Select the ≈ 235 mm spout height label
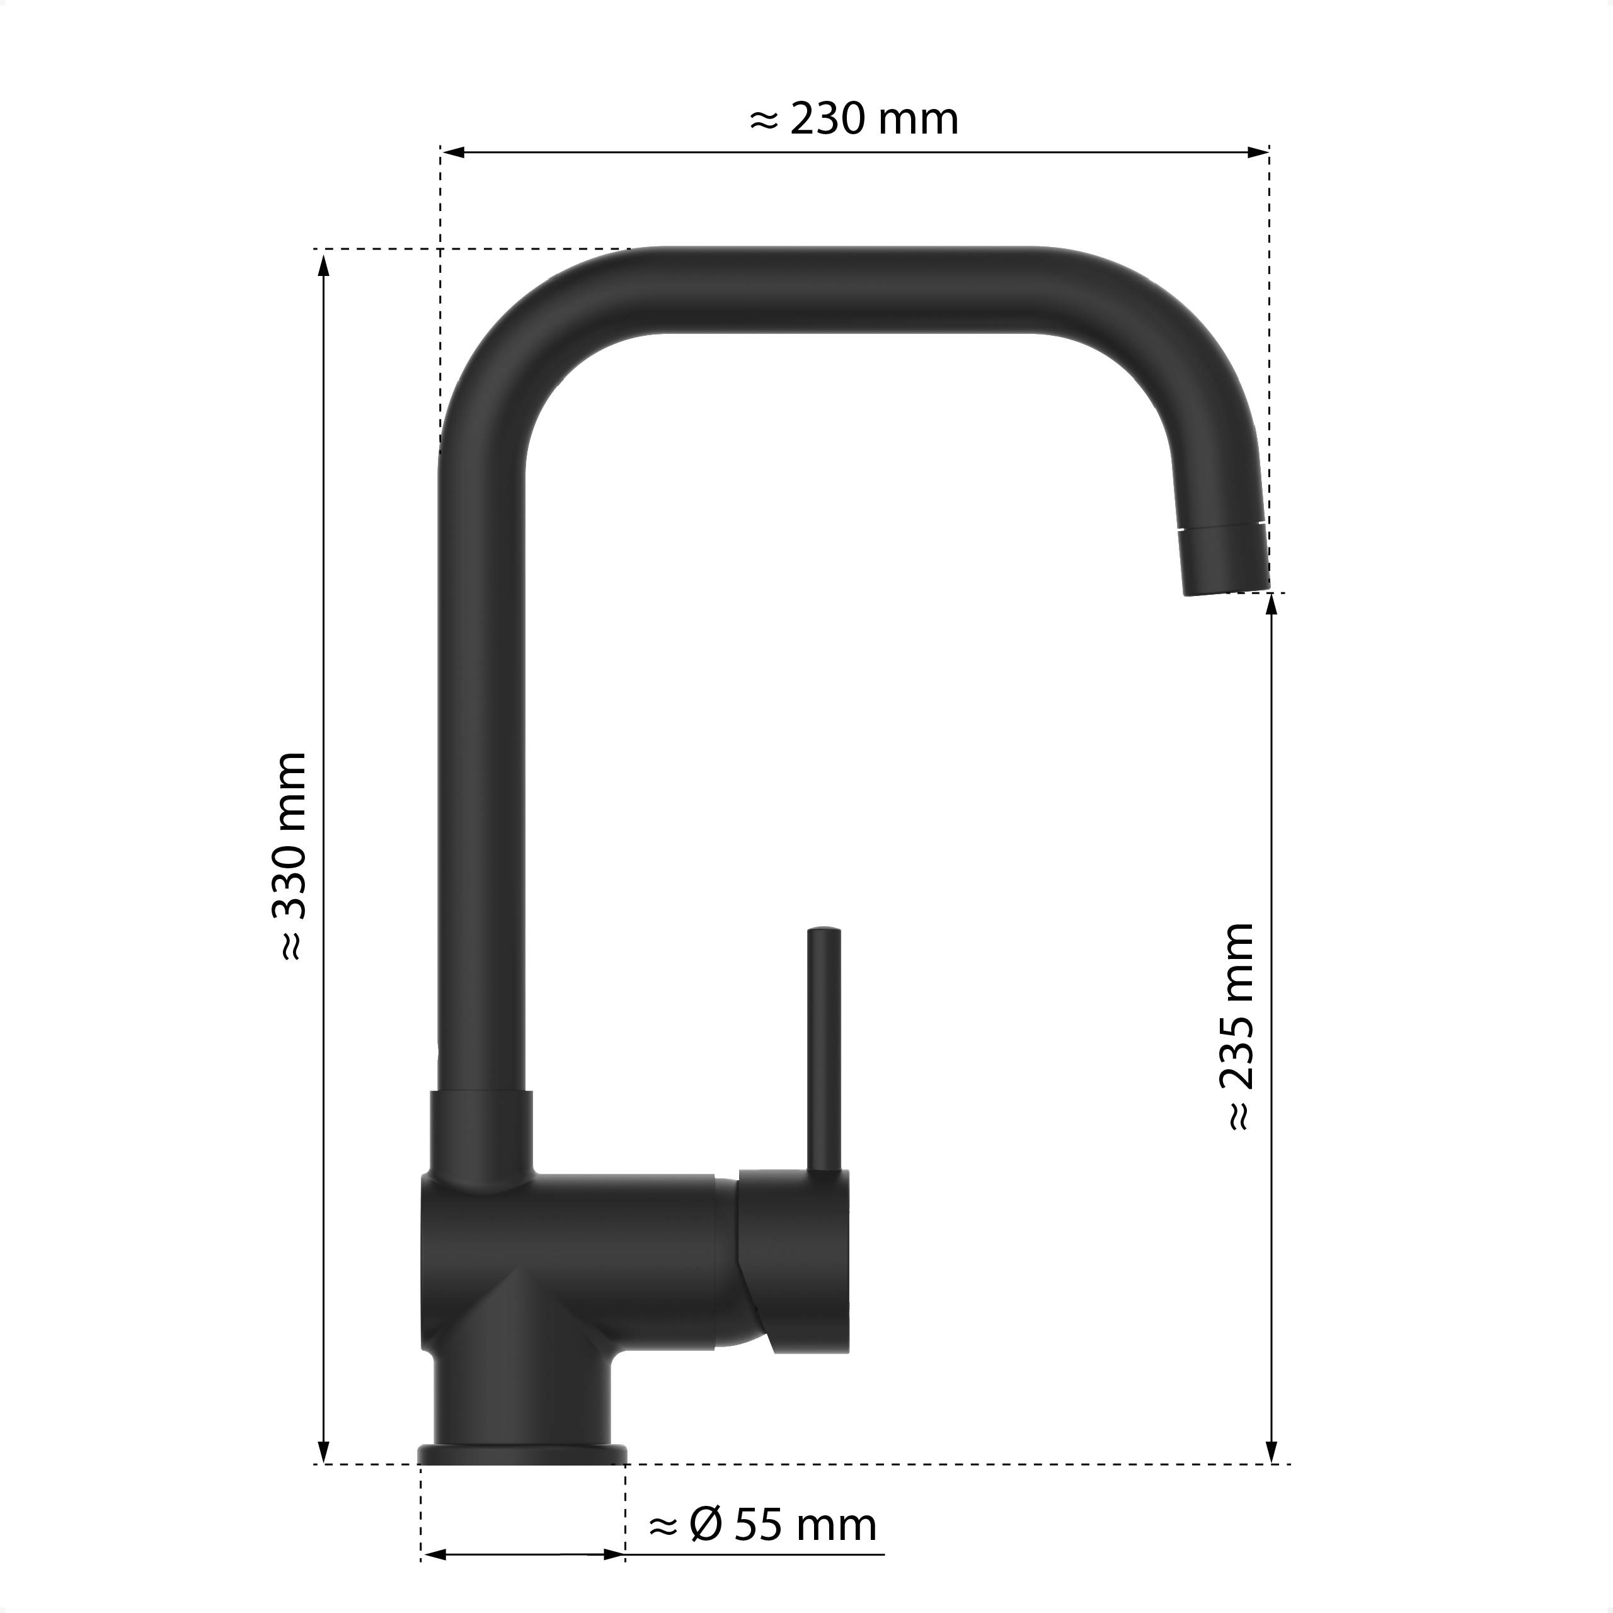(x=1238, y=1027)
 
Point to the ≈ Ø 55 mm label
(x=762, y=1525)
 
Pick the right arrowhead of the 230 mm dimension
(x=1258, y=152)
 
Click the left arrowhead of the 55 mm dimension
(x=434, y=1554)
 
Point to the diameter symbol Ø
(x=706, y=1525)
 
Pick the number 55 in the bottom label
(x=758, y=1525)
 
